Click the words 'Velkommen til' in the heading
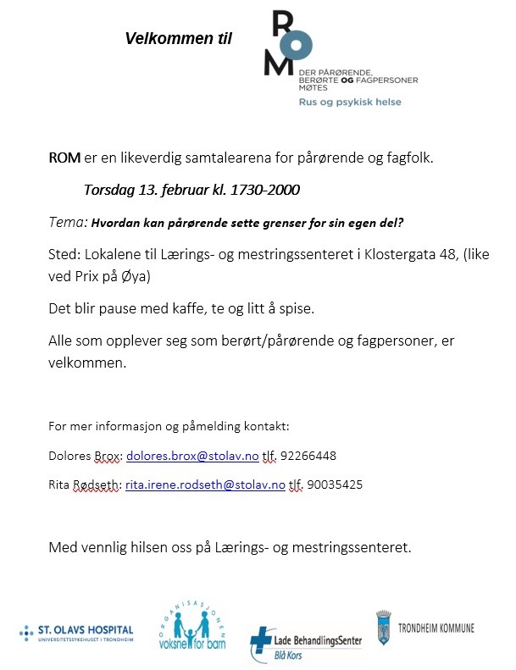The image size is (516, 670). (178, 39)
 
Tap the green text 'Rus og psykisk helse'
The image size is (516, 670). (350, 102)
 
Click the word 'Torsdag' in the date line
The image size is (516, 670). (110, 190)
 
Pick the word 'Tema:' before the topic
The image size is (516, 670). (68, 222)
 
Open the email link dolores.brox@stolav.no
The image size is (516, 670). (192, 456)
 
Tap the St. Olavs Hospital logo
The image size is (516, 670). (76, 632)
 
